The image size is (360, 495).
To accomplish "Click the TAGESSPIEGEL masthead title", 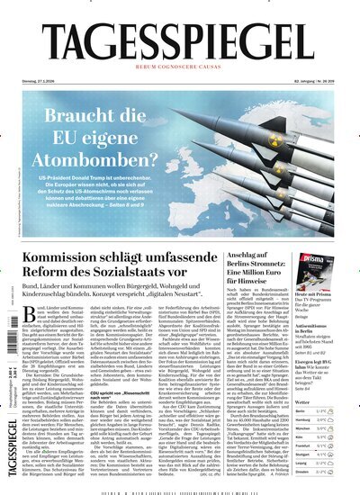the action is coord(180,40).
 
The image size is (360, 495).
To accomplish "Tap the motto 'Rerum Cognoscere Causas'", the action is coord(180,69).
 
